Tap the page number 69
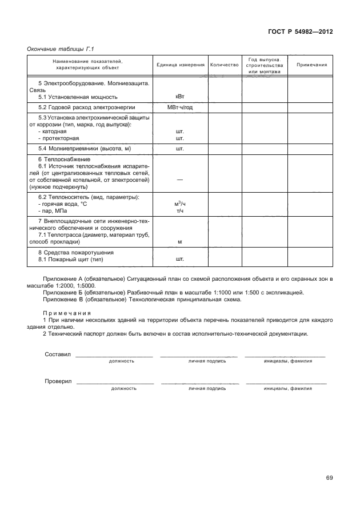[329, 478]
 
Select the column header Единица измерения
[180, 65]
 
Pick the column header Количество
[224, 65]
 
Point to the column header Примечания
[311, 65]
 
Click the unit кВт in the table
[179, 97]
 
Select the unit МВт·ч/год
[179, 107]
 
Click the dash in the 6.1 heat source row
[179, 180]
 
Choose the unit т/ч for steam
[179, 211]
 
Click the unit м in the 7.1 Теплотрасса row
[179, 242]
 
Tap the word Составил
[57, 354]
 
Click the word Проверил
[58, 381]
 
